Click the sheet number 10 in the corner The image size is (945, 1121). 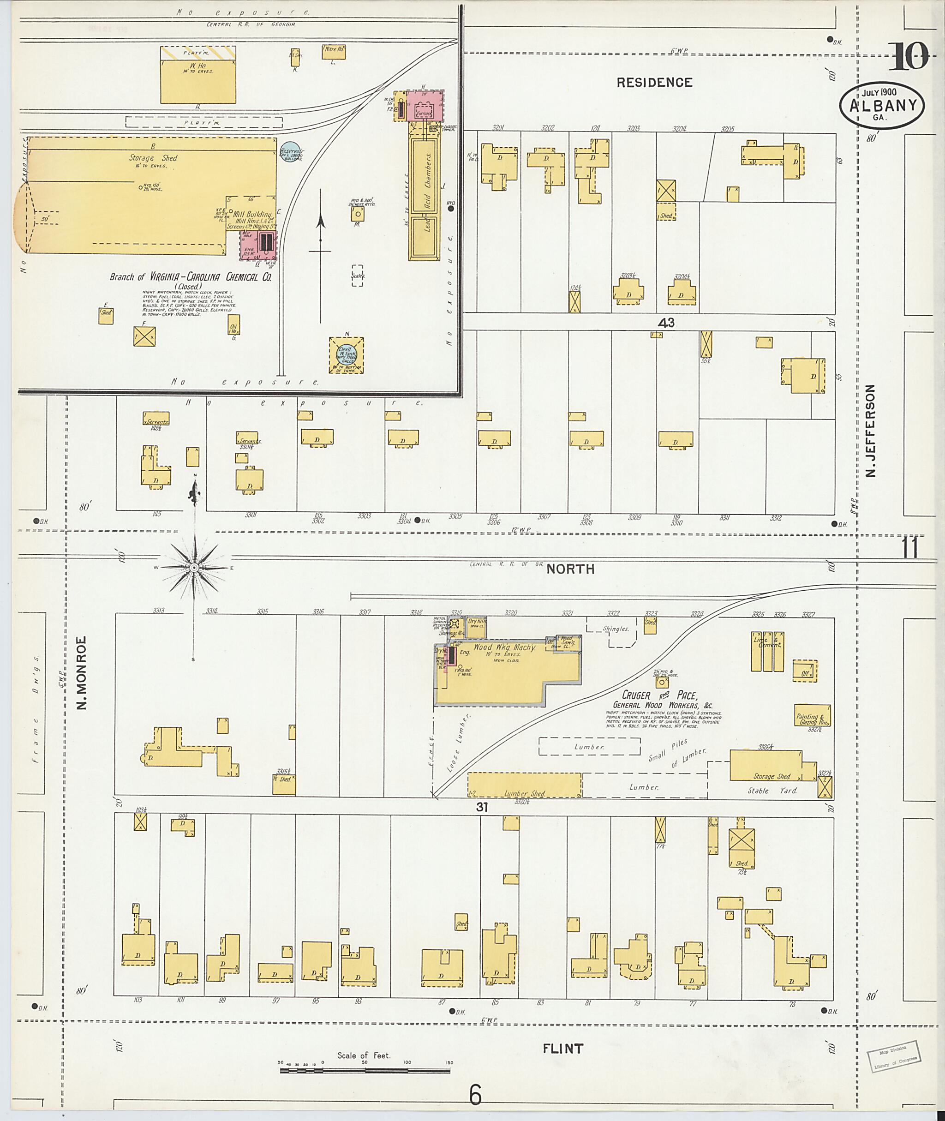[x=909, y=57]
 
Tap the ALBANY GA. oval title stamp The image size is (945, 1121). [x=882, y=106]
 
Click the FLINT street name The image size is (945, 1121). [x=562, y=1049]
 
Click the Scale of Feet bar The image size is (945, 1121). [x=364, y=1071]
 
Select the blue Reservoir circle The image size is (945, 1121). [x=290, y=152]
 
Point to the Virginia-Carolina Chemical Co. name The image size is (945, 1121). [x=191, y=277]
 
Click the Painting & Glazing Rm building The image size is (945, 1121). [x=812, y=716]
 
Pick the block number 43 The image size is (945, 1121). [x=666, y=323]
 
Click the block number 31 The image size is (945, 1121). [x=482, y=806]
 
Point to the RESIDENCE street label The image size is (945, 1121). [x=654, y=82]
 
